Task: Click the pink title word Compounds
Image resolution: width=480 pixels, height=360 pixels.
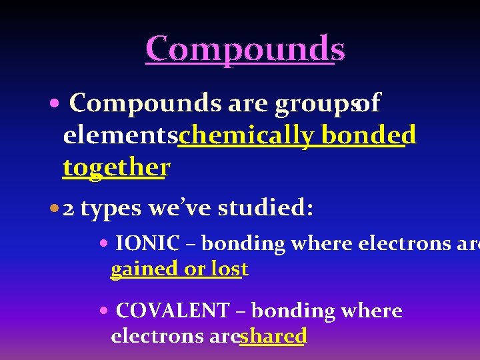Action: click(x=245, y=49)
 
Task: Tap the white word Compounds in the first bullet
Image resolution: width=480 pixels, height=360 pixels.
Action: click(x=145, y=103)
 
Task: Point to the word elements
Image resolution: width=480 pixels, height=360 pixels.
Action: click(x=119, y=135)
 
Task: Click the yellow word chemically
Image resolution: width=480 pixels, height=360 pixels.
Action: click(x=246, y=135)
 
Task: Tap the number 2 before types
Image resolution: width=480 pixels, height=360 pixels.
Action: click(x=68, y=209)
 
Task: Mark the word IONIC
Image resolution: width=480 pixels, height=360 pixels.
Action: click(x=147, y=244)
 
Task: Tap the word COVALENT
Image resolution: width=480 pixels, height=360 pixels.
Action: click(x=171, y=311)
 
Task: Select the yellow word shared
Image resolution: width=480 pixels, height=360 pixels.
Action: click(x=273, y=336)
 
